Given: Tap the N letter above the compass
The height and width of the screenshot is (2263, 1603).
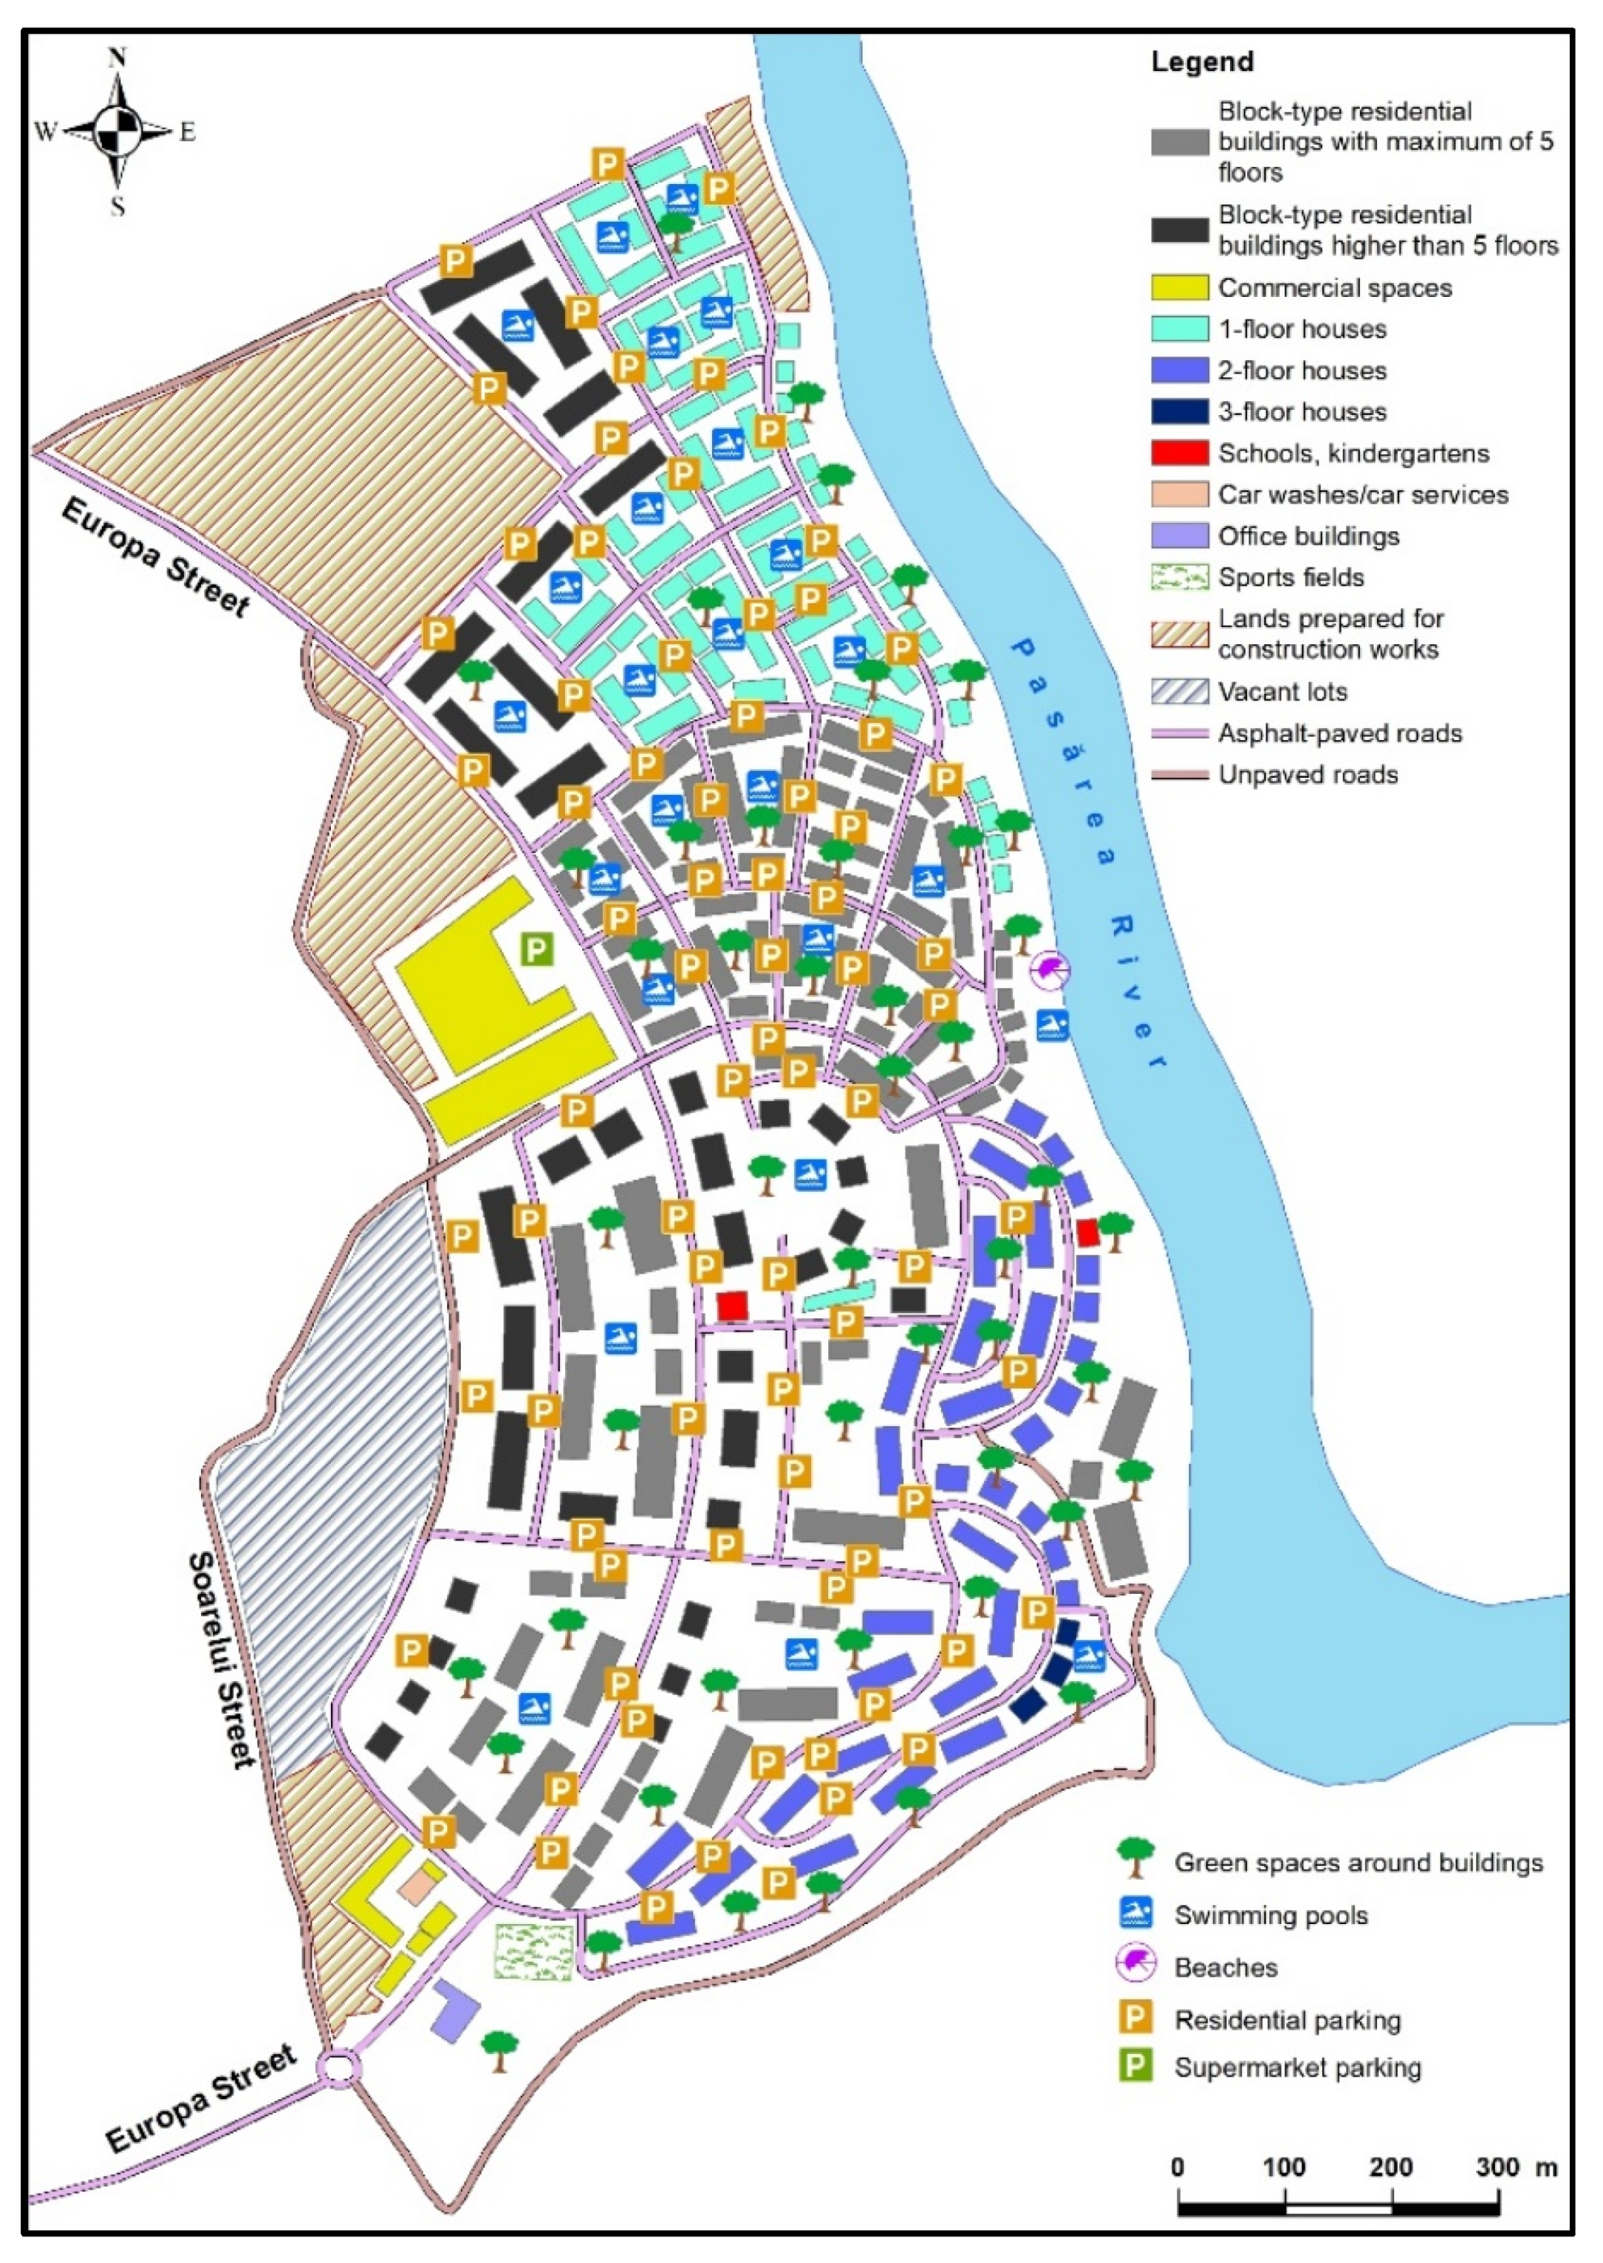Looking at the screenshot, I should (117, 58).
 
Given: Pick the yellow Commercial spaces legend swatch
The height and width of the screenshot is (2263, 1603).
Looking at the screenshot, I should (1180, 287).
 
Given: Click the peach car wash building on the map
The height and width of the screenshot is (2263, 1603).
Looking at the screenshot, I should (417, 1886).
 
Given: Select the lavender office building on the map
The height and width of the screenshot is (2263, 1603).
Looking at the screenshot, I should (454, 2008).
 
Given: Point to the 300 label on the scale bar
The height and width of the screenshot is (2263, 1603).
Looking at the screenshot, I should (1497, 2167).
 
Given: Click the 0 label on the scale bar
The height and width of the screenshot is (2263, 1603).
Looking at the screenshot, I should (1178, 2167).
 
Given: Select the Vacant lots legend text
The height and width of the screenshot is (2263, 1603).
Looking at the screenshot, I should (1282, 692).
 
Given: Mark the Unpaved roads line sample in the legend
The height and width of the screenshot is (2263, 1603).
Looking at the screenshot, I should (1180, 775).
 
